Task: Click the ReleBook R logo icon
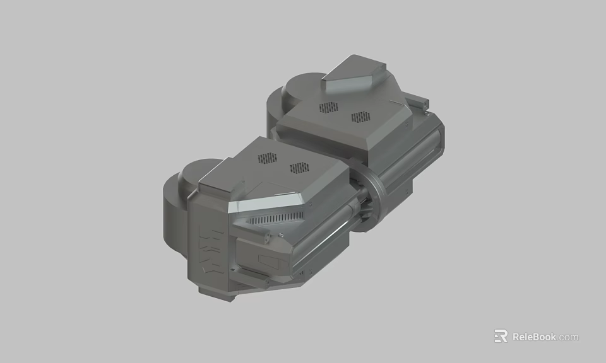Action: [x=501, y=337]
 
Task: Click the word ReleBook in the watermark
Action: [x=534, y=337]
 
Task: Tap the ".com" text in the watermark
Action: [x=568, y=337]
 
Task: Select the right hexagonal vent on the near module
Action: [x=298, y=168]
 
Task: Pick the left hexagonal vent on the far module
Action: [x=328, y=107]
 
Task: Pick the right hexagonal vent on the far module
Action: [x=360, y=117]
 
